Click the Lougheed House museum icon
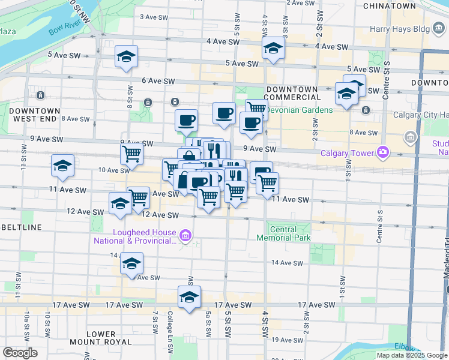click(x=185, y=238)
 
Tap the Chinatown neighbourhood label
click(x=389, y=5)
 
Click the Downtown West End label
click(x=35, y=115)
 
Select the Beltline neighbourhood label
click(x=22, y=227)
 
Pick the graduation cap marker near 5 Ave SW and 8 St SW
click(x=127, y=56)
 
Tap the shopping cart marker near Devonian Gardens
click(x=256, y=109)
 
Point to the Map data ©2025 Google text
click(x=411, y=355)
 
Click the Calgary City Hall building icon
click(x=411, y=137)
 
